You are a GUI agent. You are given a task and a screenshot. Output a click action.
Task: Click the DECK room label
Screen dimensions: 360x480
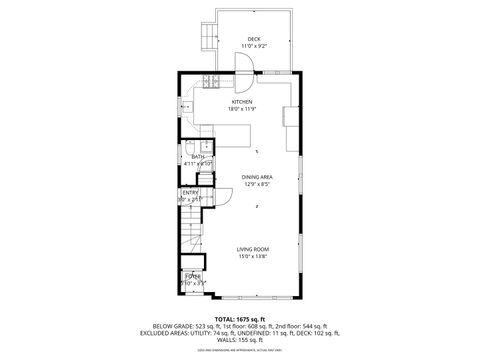[x=254, y=39]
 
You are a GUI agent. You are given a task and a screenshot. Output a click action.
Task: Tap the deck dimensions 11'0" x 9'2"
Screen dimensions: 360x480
[x=254, y=46]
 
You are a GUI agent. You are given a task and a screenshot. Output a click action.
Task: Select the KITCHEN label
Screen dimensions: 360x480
[x=242, y=101]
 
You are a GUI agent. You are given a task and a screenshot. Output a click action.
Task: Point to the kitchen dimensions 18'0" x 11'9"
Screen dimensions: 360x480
[x=242, y=108]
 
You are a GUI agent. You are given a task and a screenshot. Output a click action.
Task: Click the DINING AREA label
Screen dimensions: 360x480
[x=257, y=177]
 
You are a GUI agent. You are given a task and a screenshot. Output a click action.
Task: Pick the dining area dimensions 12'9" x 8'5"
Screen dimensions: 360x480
[x=257, y=184]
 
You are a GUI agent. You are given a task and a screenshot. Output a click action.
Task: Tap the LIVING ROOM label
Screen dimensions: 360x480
[x=253, y=249]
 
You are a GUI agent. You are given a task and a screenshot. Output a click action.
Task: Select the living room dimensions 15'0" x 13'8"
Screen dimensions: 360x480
[x=253, y=256]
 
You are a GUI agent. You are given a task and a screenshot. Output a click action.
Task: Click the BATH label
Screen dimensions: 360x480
[x=198, y=157]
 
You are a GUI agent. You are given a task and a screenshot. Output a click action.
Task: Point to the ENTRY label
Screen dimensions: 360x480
[x=190, y=192]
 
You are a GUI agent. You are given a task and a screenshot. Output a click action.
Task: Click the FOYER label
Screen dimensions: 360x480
[x=191, y=276]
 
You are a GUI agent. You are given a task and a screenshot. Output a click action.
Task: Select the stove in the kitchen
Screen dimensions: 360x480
[x=211, y=80]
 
